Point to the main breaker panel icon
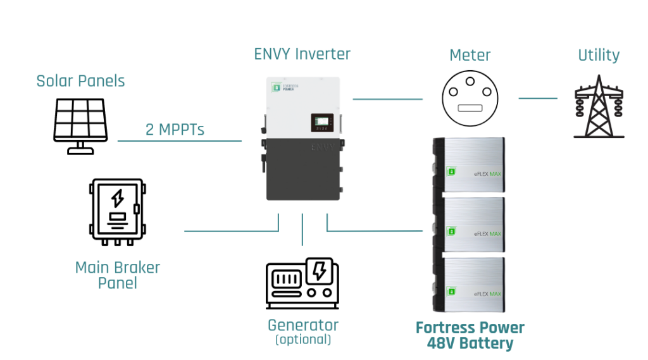[x=117, y=211]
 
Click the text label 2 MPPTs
[x=175, y=130]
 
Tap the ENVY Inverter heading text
[x=302, y=54]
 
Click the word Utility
[x=598, y=56]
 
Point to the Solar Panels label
[x=80, y=81]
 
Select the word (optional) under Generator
[x=302, y=340]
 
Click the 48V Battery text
[x=470, y=344]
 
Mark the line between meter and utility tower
[x=538, y=98]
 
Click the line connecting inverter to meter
[x=387, y=99]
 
